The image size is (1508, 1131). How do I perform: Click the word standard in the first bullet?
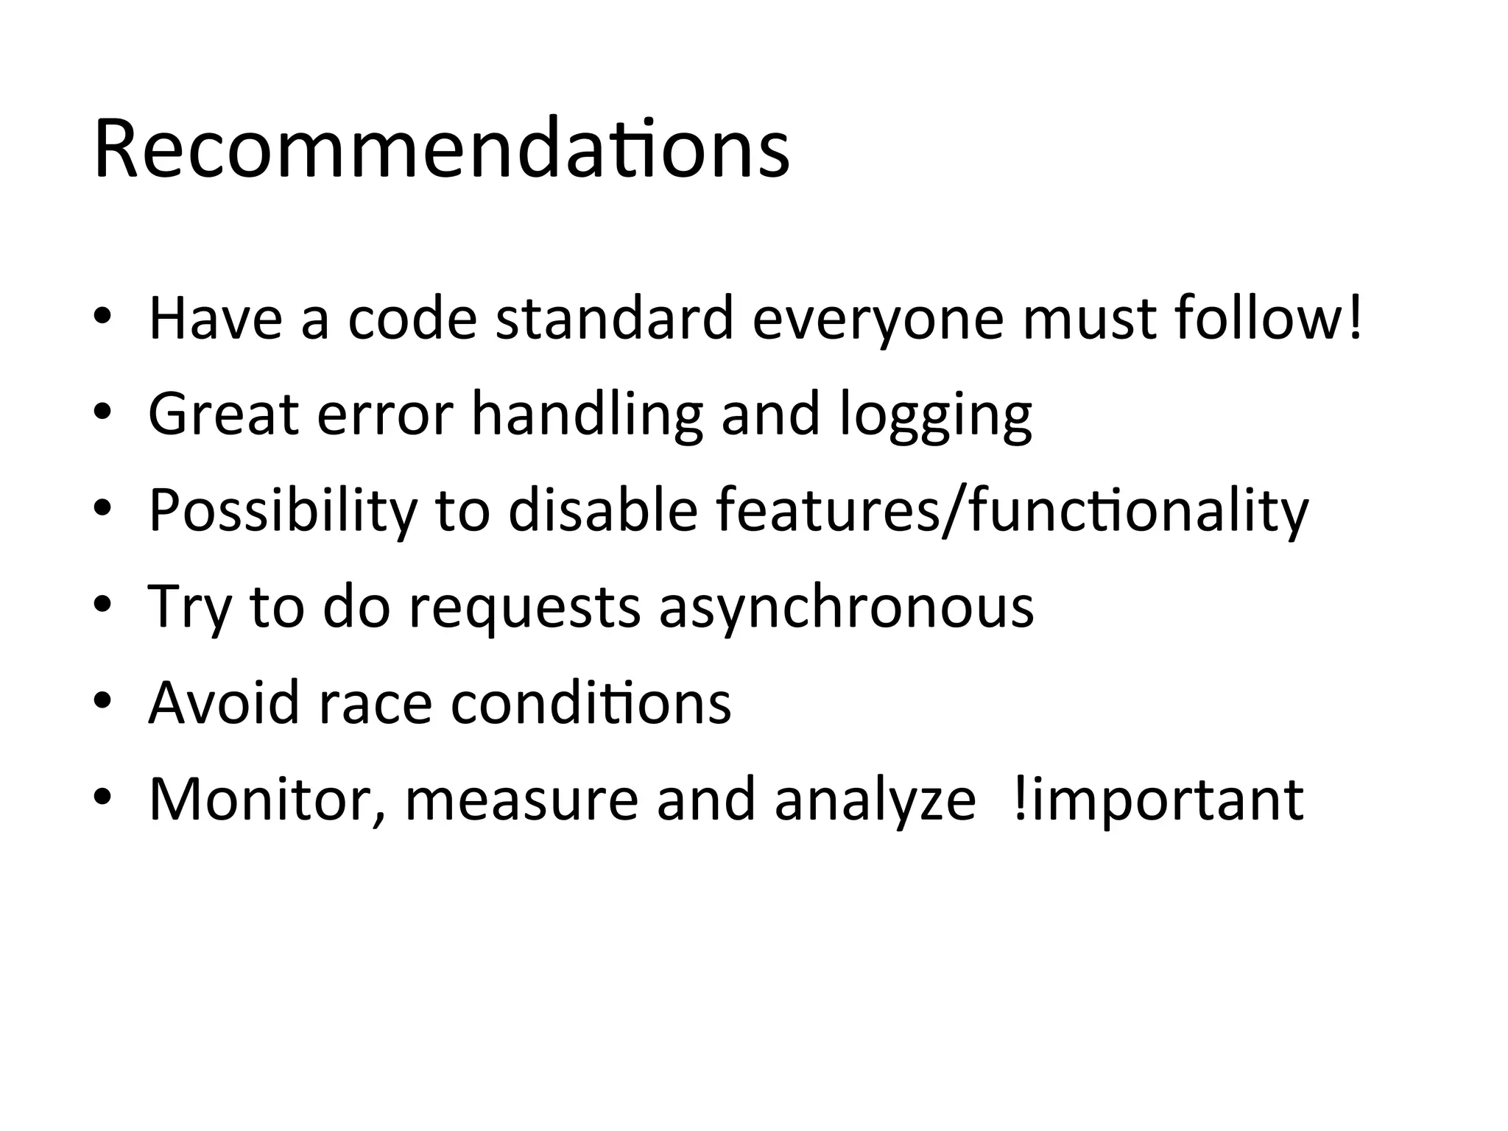pyautogui.click(x=614, y=319)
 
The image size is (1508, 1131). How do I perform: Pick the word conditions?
pyautogui.click(x=591, y=702)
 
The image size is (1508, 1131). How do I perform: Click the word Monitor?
pyautogui.click(x=267, y=800)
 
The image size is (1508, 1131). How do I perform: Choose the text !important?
pyautogui.click(x=1158, y=800)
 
